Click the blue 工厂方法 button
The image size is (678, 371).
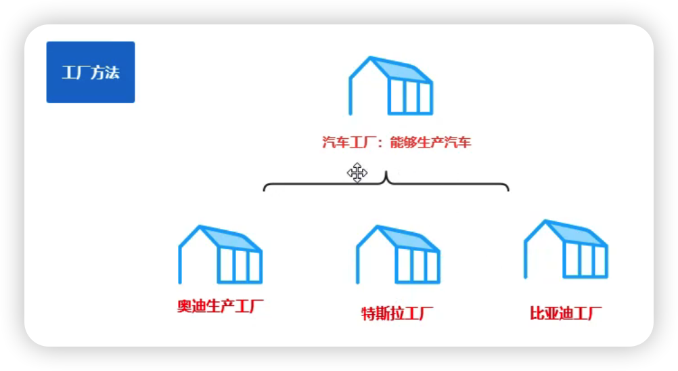click(90, 72)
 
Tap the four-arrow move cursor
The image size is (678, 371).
click(357, 173)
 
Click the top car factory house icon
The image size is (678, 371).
click(390, 85)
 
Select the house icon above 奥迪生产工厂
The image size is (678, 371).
click(220, 255)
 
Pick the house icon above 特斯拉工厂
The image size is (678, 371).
click(399, 255)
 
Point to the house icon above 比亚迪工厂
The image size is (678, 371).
click(566, 249)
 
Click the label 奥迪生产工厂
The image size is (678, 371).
click(220, 306)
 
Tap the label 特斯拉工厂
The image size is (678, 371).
click(397, 313)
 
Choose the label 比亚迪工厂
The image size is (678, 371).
click(566, 313)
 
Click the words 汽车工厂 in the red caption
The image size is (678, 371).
click(348, 143)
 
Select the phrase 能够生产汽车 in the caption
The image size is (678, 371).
click(430, 143)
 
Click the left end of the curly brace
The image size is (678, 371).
click(265, 188)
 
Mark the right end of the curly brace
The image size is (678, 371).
click(507, 188)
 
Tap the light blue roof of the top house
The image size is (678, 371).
click(399, 69)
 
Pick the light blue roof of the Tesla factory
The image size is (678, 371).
click(407, 238)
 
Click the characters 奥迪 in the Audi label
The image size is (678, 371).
click(191, 306)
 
